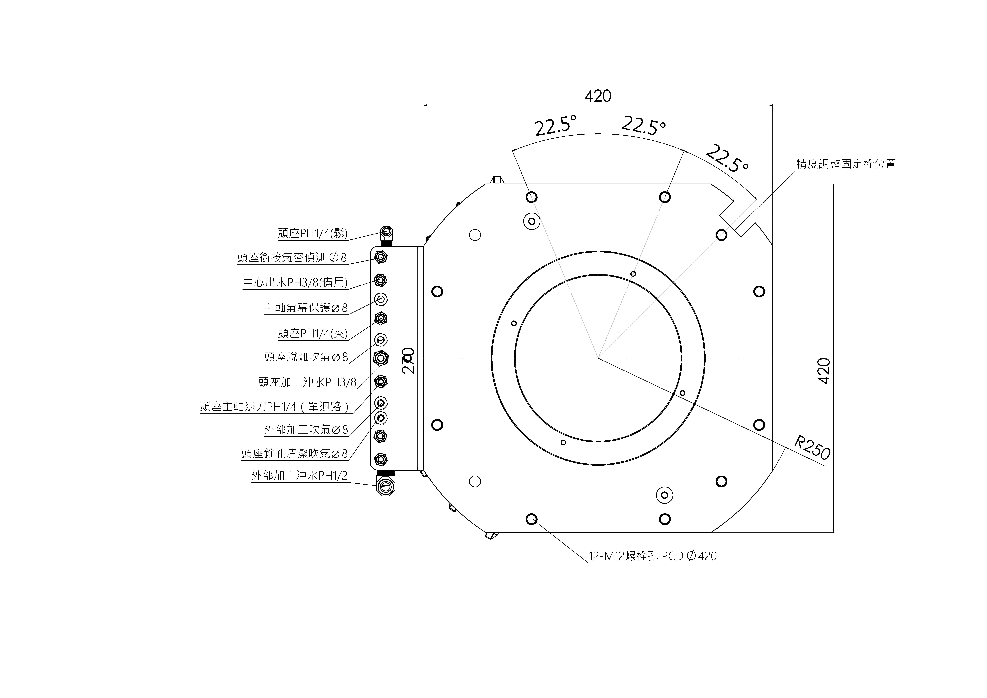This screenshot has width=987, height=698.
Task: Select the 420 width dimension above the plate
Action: coord(598,96)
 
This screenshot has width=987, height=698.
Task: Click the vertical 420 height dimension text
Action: coord(824,371)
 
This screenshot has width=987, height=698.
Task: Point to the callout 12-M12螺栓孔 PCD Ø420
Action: coord(653,556)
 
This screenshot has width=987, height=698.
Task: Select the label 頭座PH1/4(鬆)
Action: coord(313,234)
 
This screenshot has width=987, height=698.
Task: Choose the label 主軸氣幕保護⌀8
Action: coord(306,308)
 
